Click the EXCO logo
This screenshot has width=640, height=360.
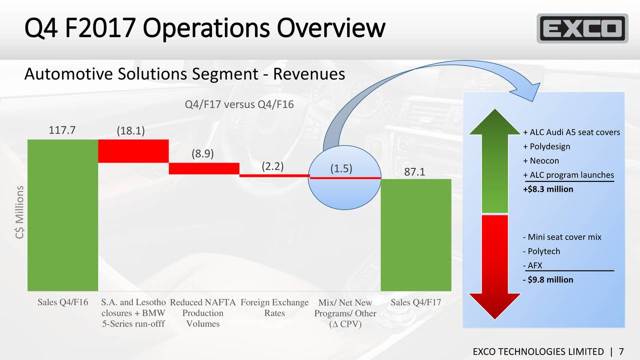pyautogui.click(x=582, y=28)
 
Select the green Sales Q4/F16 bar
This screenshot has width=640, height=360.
pyautogui.click(x=62, y=215)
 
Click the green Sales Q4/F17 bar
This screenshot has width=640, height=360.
pyautogui.click(x=416, y=234)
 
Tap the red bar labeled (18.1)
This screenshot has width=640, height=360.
pyautogui.click(x=133, y=150)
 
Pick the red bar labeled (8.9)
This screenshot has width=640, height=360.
pyautogui.click(x=203, y=168)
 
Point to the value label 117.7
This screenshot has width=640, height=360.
pyautogui.click(x=62, y=130)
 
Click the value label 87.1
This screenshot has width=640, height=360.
pyautogui.click(x=414, y=171)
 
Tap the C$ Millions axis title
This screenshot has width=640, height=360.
pyautogui.click(x=19, y=215)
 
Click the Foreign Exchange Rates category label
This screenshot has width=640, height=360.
pyautogui.click(x=274, y=308)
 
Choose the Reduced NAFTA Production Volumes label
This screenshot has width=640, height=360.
pyautogui.click(x=203, y=313)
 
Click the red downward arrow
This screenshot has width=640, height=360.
pyautogui.click(x=494, y=265)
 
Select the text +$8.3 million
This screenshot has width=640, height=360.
pyautogui.click(x=547, y=189)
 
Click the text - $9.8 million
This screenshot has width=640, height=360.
pyautogui.click(x=547, y=279)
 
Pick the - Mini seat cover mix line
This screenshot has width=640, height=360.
pyautogui.click(x=561, y=237)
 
